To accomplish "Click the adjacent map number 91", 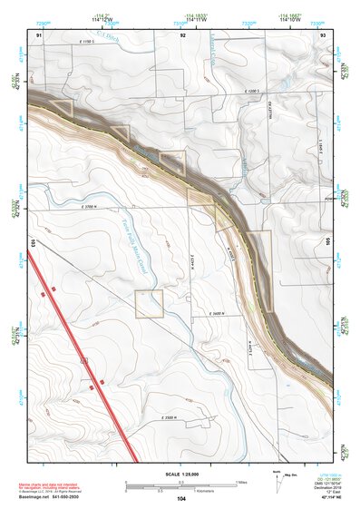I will coord(40,34).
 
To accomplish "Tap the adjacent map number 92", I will coord(184,34).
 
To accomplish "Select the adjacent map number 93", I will coord(324,34).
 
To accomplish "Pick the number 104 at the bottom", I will coord(181,498).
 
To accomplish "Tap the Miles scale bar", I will coord(181,482).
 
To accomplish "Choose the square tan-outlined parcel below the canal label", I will coord(149,304).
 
